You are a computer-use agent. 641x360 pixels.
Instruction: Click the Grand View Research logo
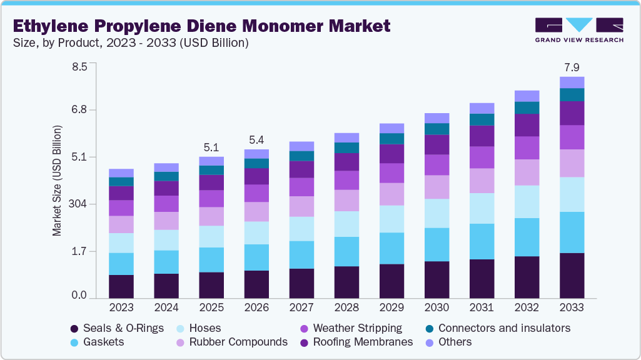point(579,29)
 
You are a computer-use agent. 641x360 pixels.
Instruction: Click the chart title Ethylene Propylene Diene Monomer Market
point(201,26)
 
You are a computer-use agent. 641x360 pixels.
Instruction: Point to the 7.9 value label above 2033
point(572,67)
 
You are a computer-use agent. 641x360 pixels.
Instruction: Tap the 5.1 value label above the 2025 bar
point(211,147)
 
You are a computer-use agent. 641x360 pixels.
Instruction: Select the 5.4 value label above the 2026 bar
point(256,139)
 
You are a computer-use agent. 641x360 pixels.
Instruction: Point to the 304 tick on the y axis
point(81,204)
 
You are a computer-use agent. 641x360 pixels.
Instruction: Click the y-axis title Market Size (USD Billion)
point(57,181)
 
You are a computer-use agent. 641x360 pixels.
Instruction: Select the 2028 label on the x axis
point(346,307)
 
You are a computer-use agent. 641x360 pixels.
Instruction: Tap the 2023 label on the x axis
point(121,307)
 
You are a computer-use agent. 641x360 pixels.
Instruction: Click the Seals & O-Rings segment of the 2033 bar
point(572,275)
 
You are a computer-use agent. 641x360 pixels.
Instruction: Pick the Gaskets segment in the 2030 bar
point(437,244)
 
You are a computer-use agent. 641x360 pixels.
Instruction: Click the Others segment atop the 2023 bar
point(121,173)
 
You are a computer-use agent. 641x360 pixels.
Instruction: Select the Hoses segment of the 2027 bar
point(301,229)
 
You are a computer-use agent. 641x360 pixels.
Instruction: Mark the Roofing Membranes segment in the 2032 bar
point(527,125)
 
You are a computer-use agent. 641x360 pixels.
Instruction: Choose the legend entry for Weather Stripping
point(357,328)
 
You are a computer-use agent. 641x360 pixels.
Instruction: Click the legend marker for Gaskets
point(74,342)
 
